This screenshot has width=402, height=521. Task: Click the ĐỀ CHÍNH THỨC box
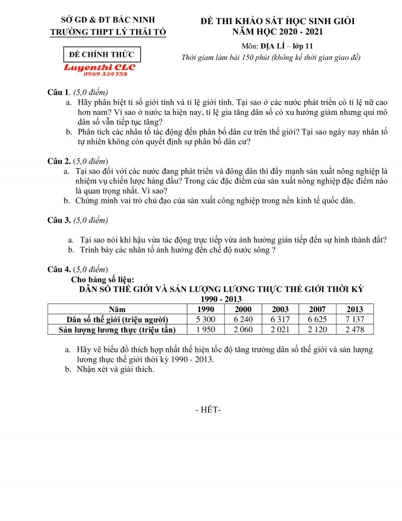102,54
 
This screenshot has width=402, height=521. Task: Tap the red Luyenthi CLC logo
99,67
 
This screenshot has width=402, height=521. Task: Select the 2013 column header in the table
355,309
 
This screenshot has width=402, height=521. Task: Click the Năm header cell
117,309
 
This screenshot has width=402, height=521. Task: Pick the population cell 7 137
355,320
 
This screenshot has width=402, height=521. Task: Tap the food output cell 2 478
355,330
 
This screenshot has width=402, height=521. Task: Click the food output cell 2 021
280,330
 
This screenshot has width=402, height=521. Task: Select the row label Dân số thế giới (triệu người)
117,320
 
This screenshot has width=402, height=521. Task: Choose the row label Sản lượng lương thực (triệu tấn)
117,330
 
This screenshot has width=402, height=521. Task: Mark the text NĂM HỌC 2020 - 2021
277,32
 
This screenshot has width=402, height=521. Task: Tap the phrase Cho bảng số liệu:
103,280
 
